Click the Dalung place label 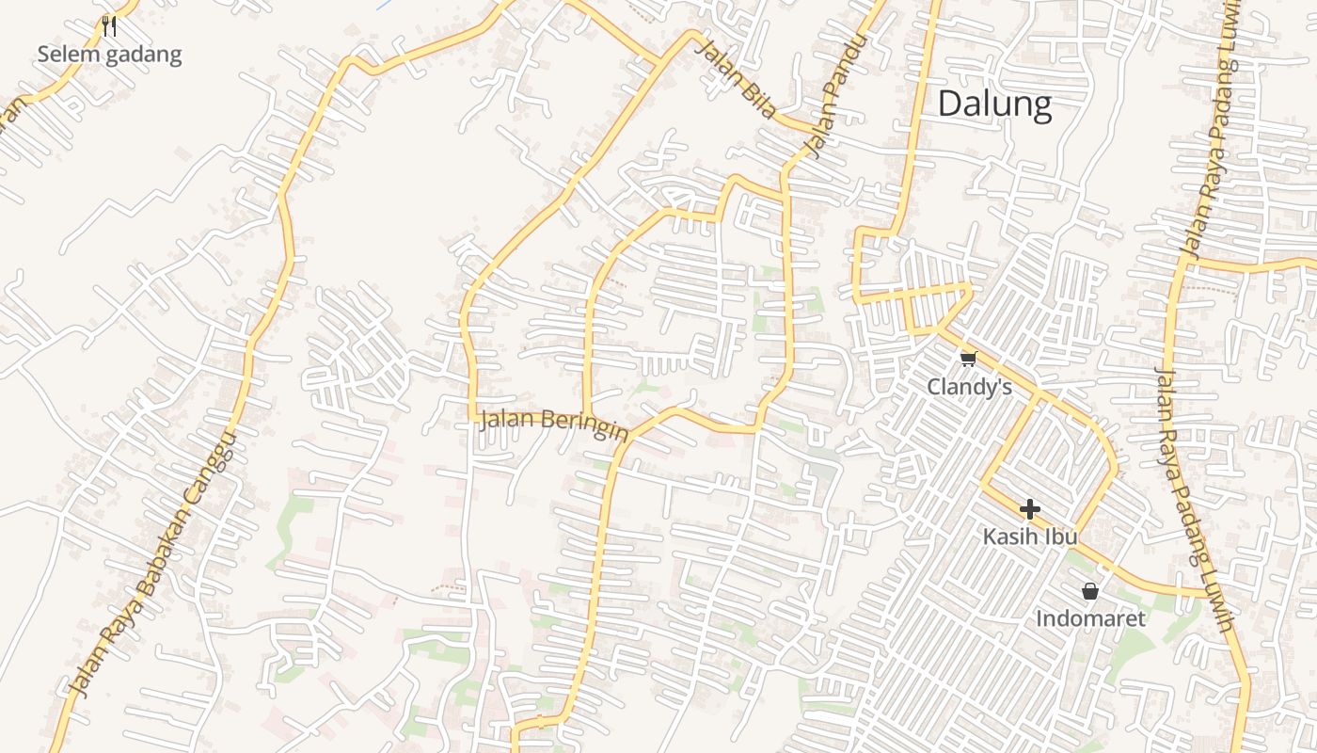(x=994, y=104)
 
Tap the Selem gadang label (x=109, y=55)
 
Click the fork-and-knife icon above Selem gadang (x=109, y=26)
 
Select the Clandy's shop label (x=969, y=387)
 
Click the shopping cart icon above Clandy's (x=969, y=359)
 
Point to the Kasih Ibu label (x=1030, y=537)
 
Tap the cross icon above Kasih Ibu (x=1030, y=510)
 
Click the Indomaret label (x=1090, y=618)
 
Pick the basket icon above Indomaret (x=1090, y=591)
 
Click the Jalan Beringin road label (x=554, y=425)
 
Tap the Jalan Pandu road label (x=834, y=95)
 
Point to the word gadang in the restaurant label (x=143, y=55)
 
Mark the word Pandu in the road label (x=845, y=72)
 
